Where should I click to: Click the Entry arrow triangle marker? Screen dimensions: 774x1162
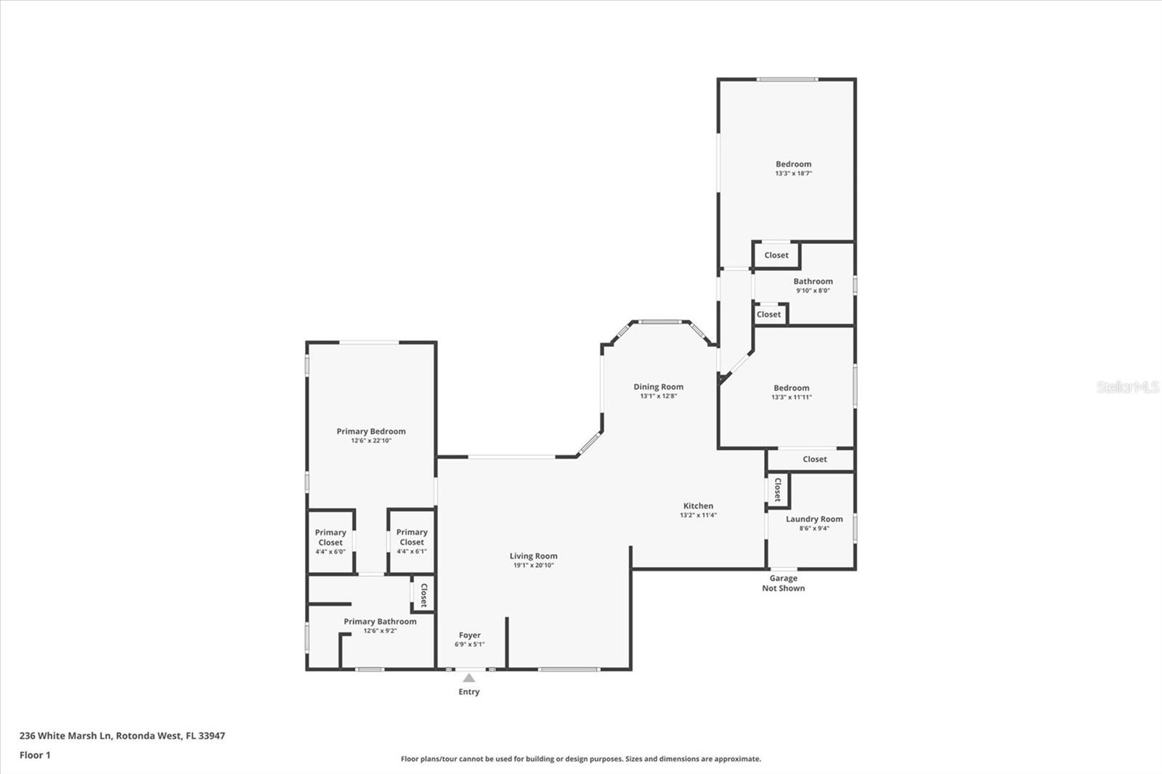[469, 678]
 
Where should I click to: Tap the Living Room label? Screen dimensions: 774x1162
[533, 556]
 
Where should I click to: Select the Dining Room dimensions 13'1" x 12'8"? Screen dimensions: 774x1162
[658, 396]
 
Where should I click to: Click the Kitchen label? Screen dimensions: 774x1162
[698, 506]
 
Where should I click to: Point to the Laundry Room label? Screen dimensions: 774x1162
[814, 519]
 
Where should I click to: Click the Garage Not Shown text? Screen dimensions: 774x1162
[783, 583]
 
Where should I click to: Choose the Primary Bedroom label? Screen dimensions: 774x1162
[370, 431]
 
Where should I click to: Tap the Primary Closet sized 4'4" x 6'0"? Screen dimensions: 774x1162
[330, 542]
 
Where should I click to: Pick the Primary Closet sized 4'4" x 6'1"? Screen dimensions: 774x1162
[412, 542]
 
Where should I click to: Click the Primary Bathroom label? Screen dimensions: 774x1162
[380, 622]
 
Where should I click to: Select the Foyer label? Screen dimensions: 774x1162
[469, 635]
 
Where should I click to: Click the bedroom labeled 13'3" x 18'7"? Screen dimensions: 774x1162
[793, 168]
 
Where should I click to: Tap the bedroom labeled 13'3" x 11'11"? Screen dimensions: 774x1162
[791, 392]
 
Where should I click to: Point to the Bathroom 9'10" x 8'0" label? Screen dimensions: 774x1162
[813, 285]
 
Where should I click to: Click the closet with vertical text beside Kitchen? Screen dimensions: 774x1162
[778, 489]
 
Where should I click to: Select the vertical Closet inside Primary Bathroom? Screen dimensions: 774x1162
[423, 595]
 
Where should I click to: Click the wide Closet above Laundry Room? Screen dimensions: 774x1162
[814, 459]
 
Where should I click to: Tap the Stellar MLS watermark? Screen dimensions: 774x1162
[1127, 387]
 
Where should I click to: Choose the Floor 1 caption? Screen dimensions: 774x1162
[35, 755]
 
